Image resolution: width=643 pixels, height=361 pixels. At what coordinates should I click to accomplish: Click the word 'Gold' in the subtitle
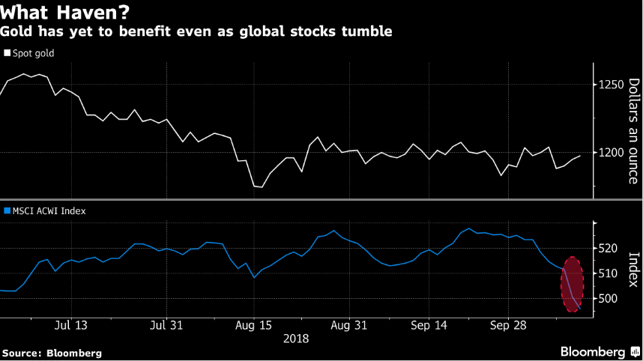(x=15, y=31)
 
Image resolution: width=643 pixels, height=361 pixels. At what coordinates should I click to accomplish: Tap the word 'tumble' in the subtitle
(x=369, y=31)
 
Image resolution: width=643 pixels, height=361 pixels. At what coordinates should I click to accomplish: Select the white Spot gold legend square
(x=7, y=53)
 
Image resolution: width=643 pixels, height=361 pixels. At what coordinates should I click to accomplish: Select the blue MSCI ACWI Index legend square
(x=7, y=211)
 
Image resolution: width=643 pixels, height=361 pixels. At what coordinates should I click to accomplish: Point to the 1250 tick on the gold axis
(x=611, y=85)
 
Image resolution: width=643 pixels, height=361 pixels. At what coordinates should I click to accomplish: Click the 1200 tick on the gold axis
(x=611, y=152)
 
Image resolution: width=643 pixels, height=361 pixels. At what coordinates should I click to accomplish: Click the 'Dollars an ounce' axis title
(x=633, y=131)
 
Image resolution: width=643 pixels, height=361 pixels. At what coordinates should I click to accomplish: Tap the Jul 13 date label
(x=71, y=326)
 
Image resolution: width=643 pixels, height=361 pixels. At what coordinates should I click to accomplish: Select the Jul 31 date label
(x=167, y=326)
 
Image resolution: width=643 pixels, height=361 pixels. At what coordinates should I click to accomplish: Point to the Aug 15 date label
(x=254, y=326)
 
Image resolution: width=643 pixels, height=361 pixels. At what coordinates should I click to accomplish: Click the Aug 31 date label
(x=348, y=326)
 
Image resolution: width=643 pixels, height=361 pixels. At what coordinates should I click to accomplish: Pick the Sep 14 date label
(x=429, y=326)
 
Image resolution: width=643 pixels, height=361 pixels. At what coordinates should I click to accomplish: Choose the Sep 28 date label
(x=507, y=326)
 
